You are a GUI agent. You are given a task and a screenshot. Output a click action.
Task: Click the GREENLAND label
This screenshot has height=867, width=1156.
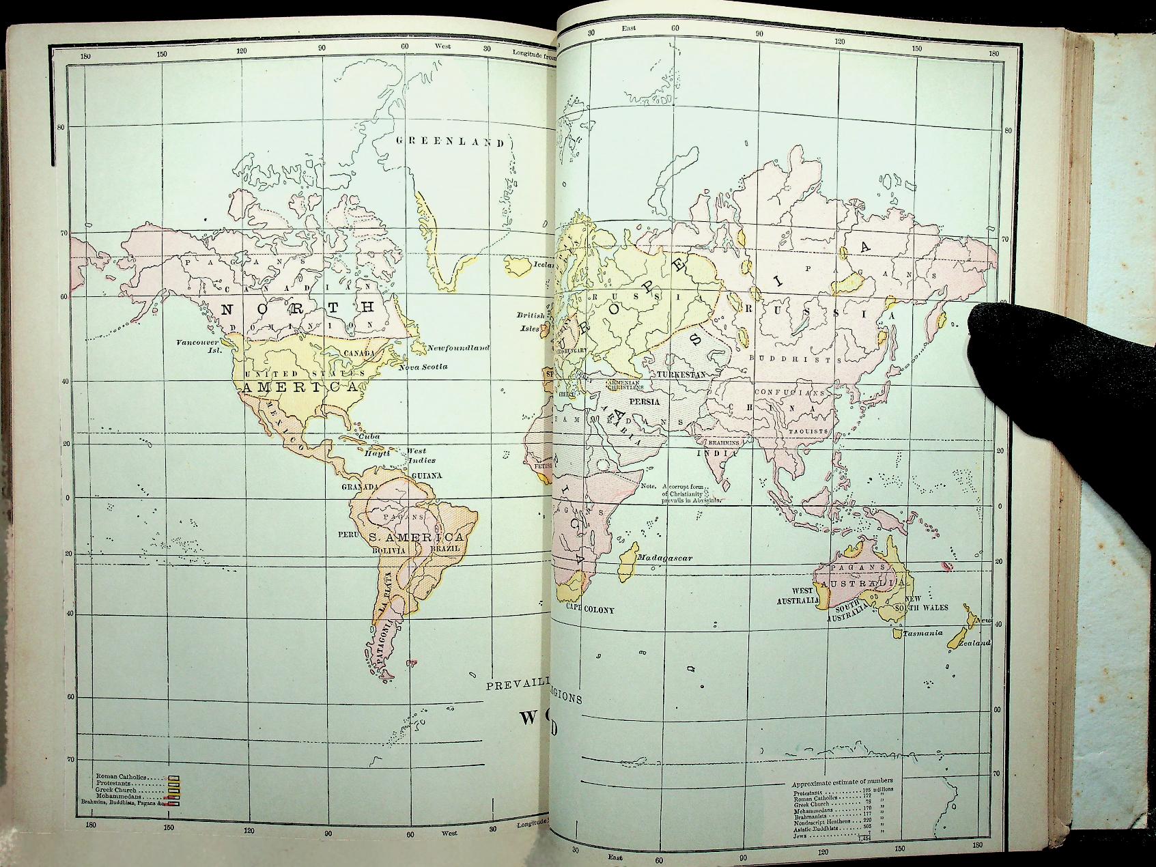pos(451,142)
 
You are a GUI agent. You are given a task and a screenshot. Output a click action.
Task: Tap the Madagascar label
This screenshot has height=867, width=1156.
pos(665,558)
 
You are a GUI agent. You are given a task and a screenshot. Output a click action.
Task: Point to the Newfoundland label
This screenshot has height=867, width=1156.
pos(458,348)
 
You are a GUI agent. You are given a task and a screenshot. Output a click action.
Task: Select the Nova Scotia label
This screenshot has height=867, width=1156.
pos(423,367)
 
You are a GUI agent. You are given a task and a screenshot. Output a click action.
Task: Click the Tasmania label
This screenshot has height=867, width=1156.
pos(922,633)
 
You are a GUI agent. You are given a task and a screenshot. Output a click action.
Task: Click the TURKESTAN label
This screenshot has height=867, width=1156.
pos(680,375)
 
